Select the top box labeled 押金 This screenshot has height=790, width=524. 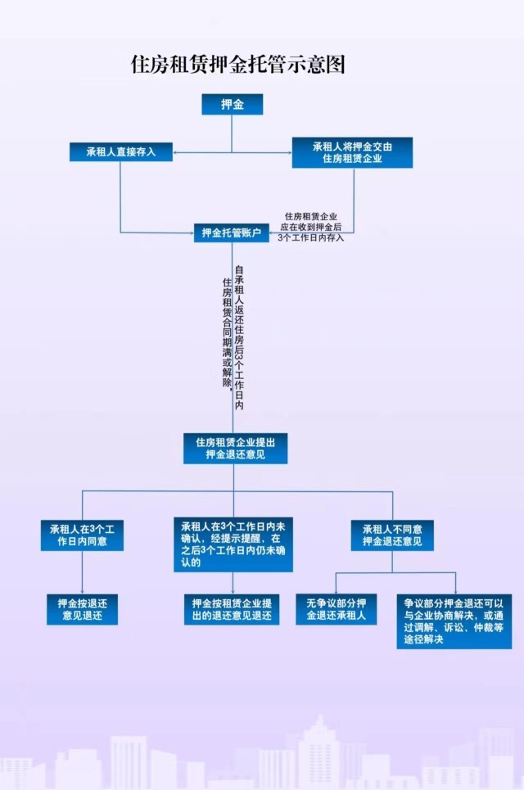click(x=232, y=104)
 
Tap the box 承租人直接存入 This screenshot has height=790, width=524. click(x=120, y=151)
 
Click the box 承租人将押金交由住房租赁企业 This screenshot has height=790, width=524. click(x=352, y=152)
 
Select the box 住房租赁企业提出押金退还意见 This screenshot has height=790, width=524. click(x=235, y=448)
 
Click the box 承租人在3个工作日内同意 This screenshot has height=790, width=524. click(x=82, y=535)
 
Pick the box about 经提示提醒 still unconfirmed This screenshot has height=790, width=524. click(x=233, y=544)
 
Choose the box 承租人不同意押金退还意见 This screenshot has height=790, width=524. click(x=392, y=535)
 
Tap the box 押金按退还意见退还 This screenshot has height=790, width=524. click(x=82, y=609)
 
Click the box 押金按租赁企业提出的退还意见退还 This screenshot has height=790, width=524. click(x=233, y=609)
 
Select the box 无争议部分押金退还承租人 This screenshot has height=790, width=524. click(x=336, y=609)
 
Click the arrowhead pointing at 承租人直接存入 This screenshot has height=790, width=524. click(x=176, y=151)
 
